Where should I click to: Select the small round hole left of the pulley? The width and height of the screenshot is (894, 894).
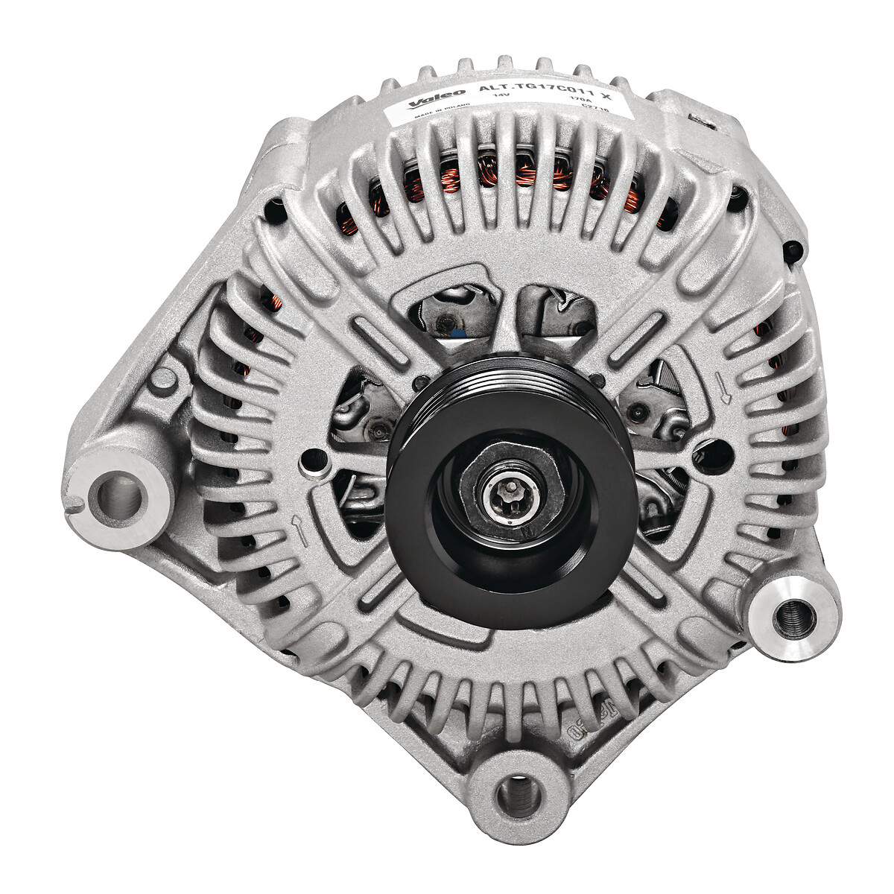(x=304, y=468)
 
